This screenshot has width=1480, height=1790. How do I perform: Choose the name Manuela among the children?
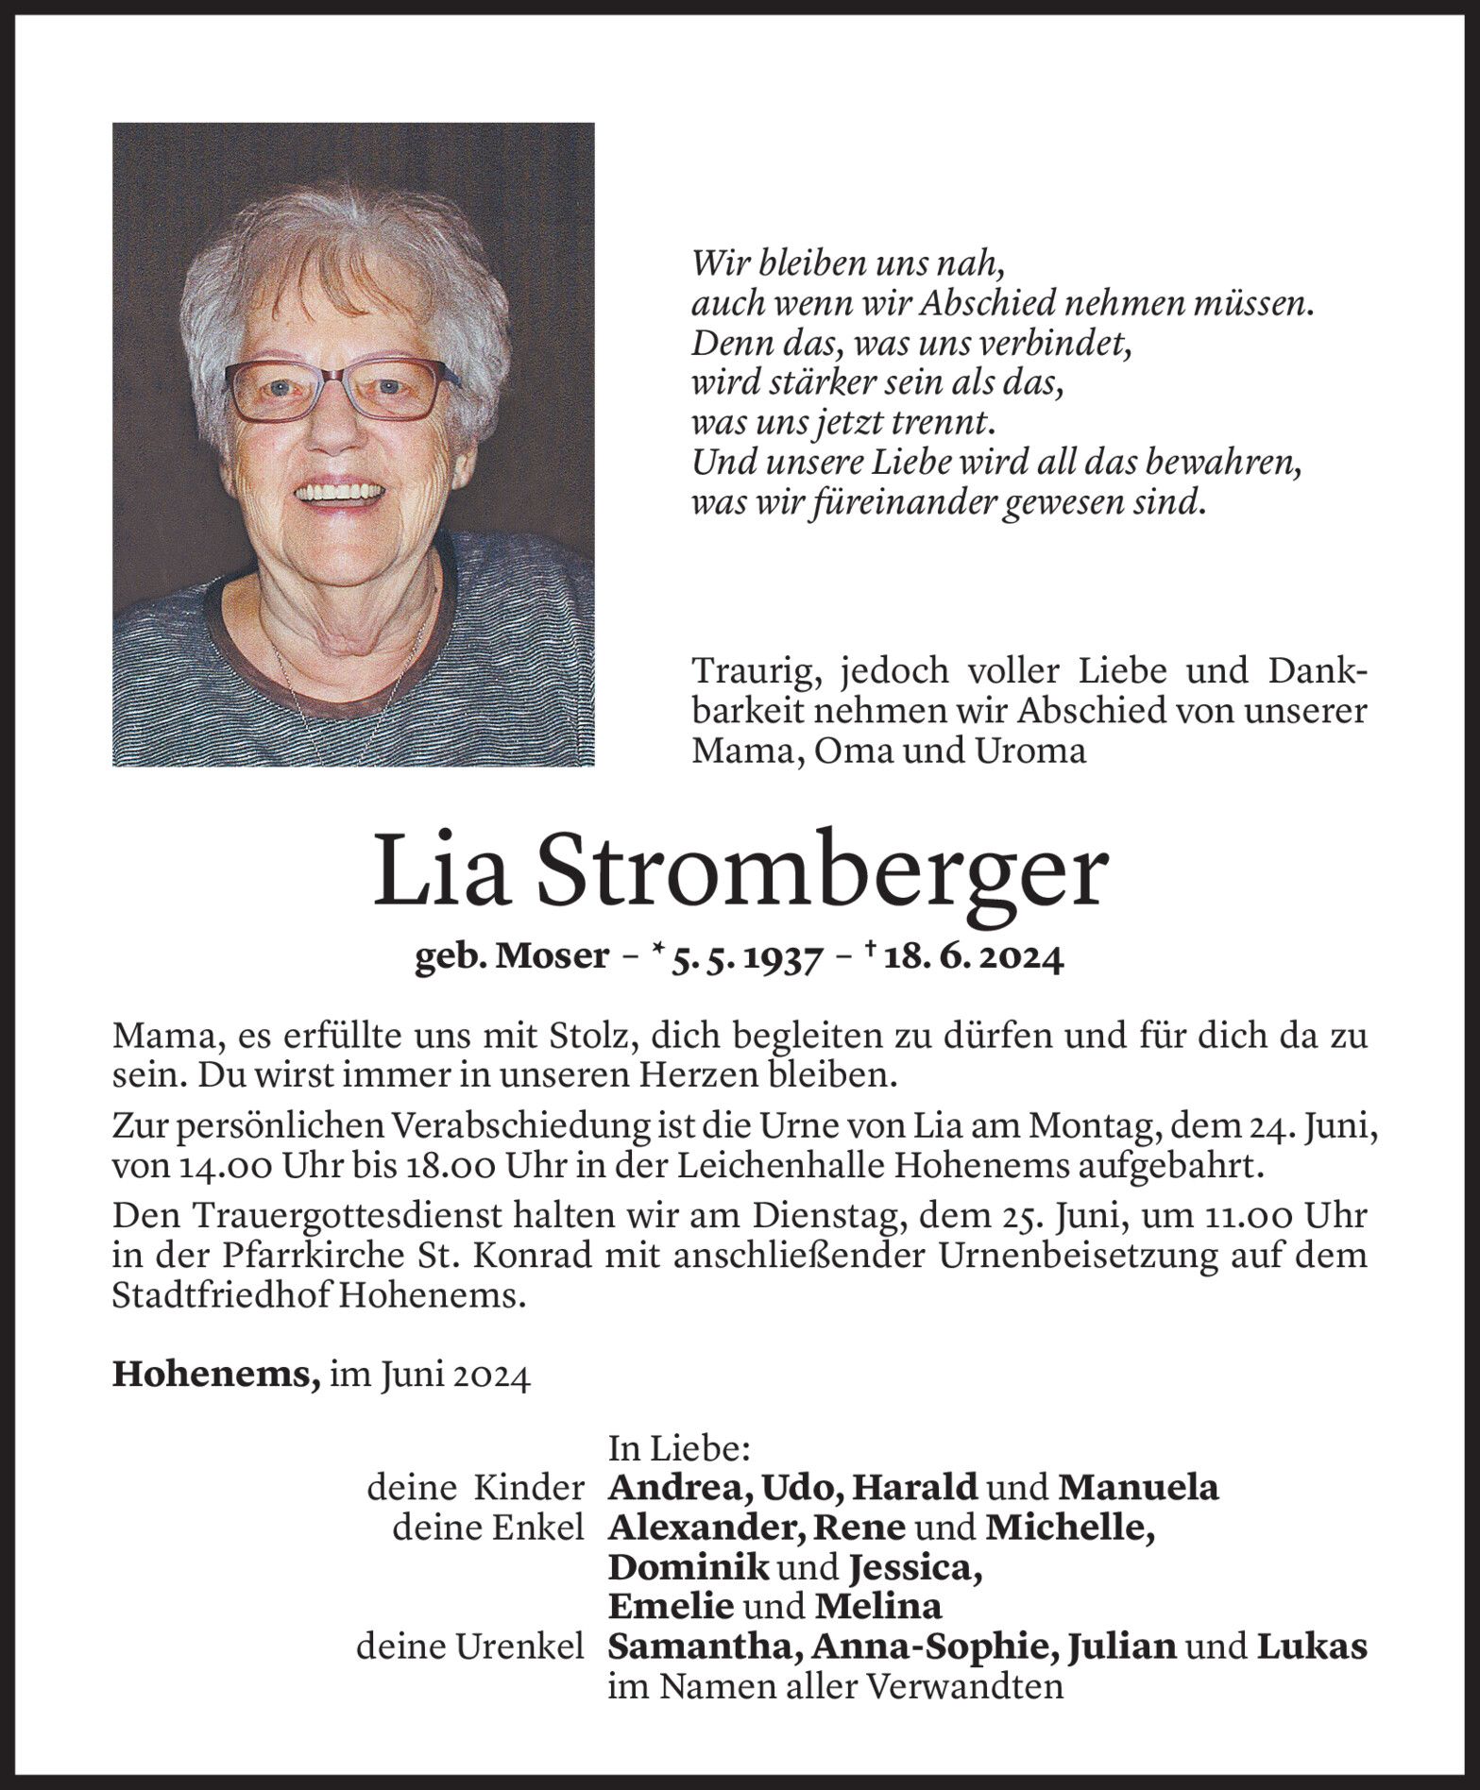click(1138, 1488)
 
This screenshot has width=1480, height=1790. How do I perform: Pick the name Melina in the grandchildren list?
click(878, 1607)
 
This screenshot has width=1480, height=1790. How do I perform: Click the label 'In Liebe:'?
click(666, 1446)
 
